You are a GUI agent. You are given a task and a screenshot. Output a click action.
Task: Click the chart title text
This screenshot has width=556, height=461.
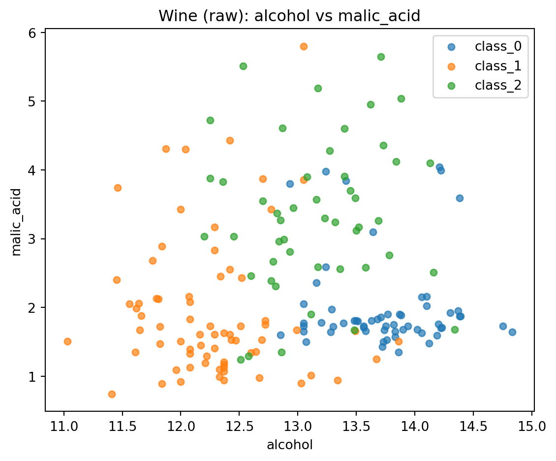(x=289, y=16)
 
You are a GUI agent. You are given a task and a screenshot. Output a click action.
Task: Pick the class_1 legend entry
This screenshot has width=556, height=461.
(x=497, y=66)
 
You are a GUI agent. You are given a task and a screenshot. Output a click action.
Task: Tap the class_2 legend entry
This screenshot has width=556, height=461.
(x=497, y=85)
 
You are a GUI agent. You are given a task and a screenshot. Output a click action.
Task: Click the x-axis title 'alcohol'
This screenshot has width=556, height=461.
(x=289, y=445)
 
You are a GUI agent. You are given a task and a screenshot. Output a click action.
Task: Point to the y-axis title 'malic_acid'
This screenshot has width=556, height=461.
(x=17, y=222)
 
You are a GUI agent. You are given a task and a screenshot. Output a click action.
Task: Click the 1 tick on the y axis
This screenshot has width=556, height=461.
(x=35, y=377)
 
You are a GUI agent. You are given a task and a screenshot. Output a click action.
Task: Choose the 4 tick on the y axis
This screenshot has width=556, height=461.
(x=35, y=170)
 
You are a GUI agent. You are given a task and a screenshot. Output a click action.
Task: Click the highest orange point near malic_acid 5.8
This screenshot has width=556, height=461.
(x=304, y=46)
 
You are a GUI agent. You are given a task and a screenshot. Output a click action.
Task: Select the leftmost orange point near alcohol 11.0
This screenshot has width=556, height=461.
(x=67, y=341)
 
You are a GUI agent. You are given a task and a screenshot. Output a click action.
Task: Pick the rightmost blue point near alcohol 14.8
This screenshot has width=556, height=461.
(x=512, y=332)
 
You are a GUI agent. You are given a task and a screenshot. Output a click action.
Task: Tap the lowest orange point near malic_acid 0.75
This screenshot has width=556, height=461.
(x=112, y=394)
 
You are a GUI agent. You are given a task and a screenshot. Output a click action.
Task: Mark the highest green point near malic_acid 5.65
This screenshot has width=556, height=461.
(x=381, y=57)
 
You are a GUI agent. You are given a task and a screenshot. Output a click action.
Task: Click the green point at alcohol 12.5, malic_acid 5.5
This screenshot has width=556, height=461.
(x=243, y=66)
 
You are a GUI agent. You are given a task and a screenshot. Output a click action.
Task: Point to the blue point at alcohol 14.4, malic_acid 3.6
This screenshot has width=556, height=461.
(x=460, y=198)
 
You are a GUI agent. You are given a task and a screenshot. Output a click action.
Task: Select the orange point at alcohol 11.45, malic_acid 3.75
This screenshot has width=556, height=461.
(x=118, y=188)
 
